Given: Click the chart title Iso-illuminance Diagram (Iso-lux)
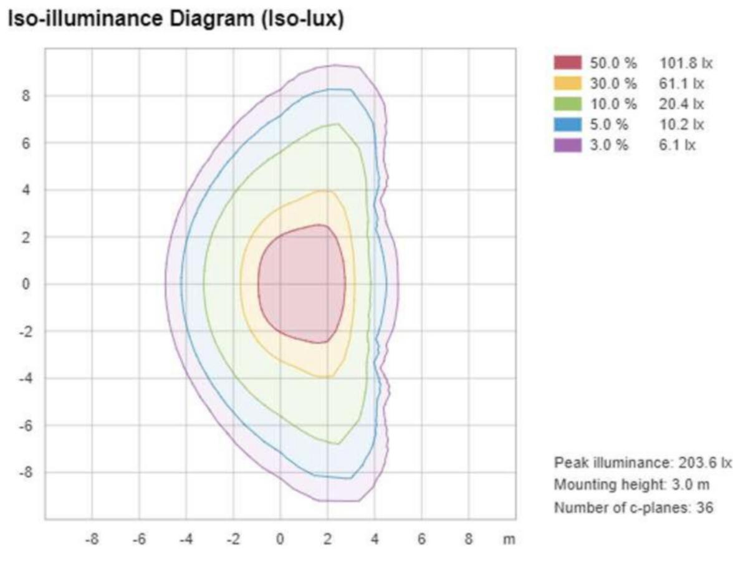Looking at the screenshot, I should point(176,20).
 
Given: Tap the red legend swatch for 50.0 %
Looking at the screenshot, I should point(567,63).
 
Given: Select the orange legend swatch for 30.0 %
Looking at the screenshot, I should point(567,84).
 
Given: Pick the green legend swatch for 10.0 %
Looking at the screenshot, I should point(567,104).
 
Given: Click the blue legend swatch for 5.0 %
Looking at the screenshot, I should point(567,125).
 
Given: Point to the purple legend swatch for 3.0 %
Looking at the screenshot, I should point(567,145).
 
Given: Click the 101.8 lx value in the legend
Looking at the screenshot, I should point(686,63).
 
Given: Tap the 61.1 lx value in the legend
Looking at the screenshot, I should point(683,84).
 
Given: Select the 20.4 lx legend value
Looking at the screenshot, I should point(683,104).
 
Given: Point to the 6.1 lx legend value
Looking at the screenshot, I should point(679,145).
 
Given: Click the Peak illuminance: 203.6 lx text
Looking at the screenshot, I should point(643,463).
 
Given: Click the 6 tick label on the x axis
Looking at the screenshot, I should point(421,539).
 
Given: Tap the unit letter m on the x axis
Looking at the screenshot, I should point(509,539).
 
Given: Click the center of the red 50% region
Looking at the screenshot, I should point(302,284).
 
